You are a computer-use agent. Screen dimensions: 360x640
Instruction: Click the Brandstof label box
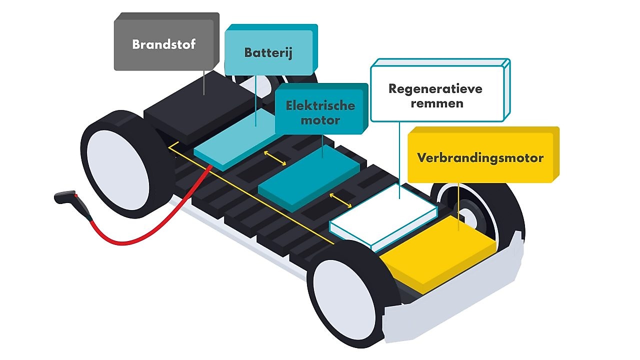(x=164, y=44)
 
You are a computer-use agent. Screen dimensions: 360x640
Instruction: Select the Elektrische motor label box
(x=320, y=112)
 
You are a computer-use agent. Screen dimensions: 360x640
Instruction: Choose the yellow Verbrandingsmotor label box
(x=480, y=158)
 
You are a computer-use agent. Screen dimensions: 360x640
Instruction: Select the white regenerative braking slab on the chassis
(x=385, y=215)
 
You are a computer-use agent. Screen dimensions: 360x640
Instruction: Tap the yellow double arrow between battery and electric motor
(x=275, y=157)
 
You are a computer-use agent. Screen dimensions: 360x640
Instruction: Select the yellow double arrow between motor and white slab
(x=340, y=200)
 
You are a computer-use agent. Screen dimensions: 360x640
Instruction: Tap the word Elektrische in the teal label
(x=320, y=105)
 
